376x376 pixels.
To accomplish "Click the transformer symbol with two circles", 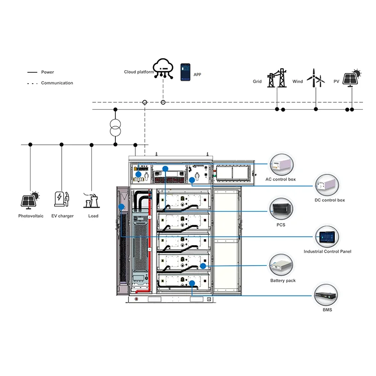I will (x=115, y=128).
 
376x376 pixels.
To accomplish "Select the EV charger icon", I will (x=62, y=199).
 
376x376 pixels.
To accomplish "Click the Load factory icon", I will (x=91, y=199).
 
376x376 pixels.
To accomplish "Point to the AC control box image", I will (x=281, y=164).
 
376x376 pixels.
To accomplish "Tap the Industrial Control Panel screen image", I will (x=327, y=236).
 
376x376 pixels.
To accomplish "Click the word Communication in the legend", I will (x=57, y=83).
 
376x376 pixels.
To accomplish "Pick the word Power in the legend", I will (x=48, y=72).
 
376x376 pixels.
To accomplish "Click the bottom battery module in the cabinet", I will (x=182, y=282).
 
